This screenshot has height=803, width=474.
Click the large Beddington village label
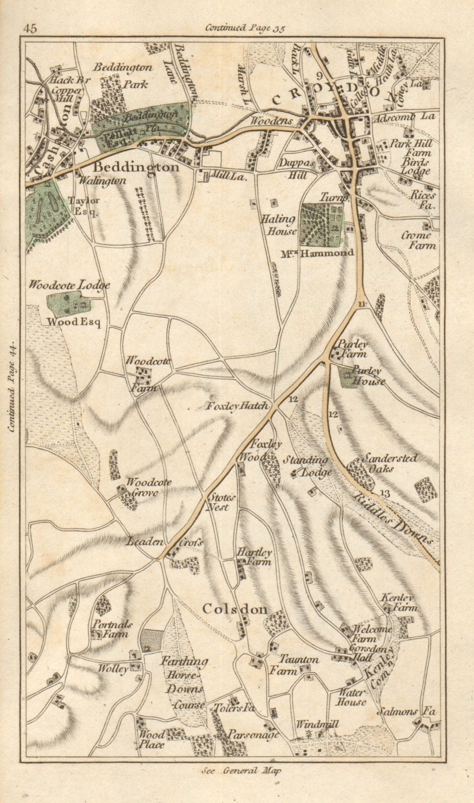(x=136, y=167)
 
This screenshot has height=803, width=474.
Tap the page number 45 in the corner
(x=30, y=28)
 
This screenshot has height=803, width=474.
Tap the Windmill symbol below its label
(x=308, y=734)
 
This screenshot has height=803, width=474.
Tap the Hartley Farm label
(x=254, y=556)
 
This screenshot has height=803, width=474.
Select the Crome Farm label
(x=418, y=240)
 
